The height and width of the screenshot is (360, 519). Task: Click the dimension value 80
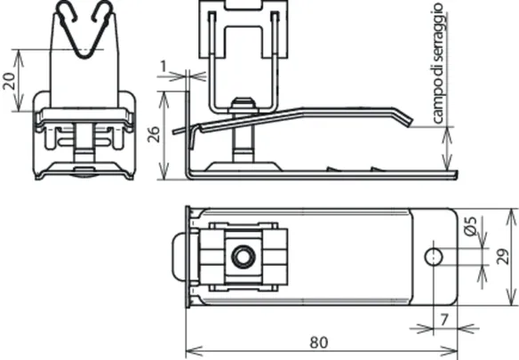click(319, 342)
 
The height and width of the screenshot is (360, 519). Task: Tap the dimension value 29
click(502, 256)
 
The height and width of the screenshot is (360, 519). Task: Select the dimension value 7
click(444, 320)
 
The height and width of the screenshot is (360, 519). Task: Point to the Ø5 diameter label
click(470, 226)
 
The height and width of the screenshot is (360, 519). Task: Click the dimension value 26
click(154, 134)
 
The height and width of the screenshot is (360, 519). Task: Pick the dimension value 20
click(9, 81)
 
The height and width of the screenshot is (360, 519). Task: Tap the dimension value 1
click(164, 67)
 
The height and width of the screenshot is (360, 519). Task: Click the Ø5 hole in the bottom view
click(434, 257)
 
